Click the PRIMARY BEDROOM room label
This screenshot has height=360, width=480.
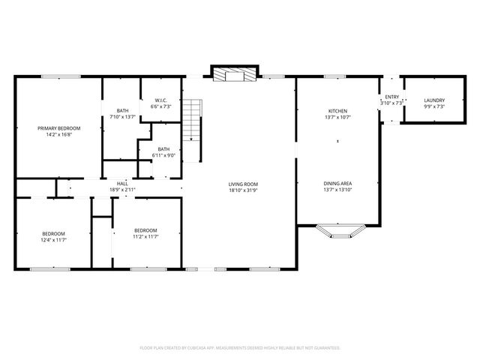(x=59, y=128)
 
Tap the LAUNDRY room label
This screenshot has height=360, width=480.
(x=434, y=100)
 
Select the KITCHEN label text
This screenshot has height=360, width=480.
(x=337, y=110)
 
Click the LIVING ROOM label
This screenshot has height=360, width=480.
(x=243, y=184)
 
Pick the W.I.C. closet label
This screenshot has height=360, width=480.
(x=160, y=100)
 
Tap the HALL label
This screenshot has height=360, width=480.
(x=122, y=184)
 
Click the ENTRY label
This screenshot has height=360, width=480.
(x=392, y=97)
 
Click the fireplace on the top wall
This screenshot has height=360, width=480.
(x=235, y=74)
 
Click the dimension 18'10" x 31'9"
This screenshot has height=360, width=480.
(x=243, y=190)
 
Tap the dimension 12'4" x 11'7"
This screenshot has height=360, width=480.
(x=53, y=241)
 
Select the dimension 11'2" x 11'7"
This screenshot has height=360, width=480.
(x=145, y=236)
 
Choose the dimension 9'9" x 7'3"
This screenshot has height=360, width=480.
(x=434, y=106)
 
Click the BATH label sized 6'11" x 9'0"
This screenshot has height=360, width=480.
(x=163, y=149)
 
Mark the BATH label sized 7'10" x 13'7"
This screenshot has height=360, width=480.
(x=122, y=110)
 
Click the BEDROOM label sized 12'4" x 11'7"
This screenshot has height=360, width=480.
(x=53, y=234)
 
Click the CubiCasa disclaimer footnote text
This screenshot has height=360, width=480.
(x=240, y=348)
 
